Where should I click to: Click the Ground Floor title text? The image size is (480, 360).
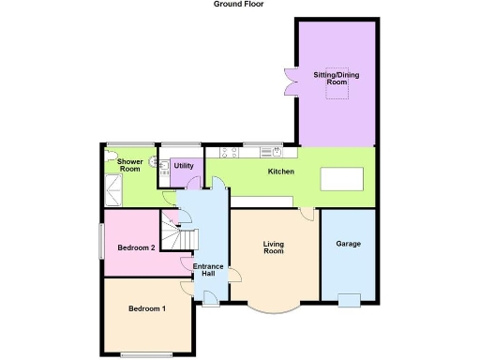point(239,5)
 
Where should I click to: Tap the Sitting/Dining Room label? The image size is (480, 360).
point(336,77)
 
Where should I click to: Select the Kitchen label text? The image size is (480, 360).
point(281,172)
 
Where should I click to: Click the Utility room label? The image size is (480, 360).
point(183,166)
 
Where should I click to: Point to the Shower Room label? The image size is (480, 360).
point(129,164)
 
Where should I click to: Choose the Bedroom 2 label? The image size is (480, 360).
point(136,247)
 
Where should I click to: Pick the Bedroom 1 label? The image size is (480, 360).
point(147,308)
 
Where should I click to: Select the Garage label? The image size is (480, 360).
point(349,243)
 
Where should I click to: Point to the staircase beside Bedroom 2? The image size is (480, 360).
point(176,234)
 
